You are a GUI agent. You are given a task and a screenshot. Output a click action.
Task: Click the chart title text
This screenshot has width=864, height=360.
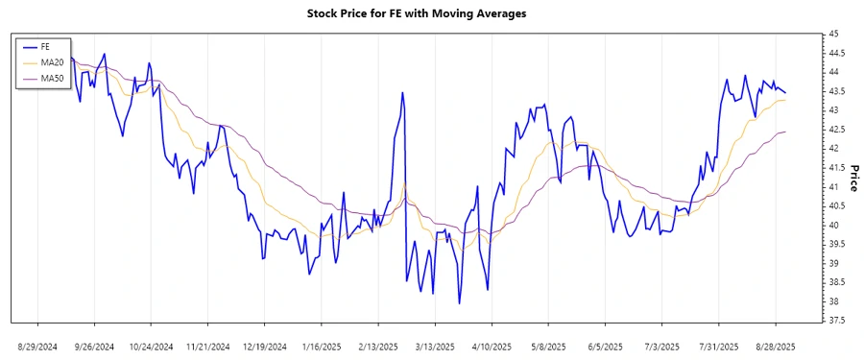[417, 14]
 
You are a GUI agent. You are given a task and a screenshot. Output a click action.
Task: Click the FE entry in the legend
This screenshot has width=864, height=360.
[44, 46]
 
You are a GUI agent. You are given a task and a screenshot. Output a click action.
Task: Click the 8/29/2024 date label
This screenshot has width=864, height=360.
[37, 346]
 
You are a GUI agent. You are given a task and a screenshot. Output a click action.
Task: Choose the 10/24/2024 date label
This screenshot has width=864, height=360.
[151, 346]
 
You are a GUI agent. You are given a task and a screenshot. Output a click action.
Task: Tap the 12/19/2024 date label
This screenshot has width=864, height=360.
[264, 346]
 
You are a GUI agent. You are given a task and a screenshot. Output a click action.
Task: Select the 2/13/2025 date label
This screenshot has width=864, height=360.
[377, 346]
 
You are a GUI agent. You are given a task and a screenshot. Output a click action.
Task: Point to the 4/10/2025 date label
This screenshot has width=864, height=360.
[491, 346]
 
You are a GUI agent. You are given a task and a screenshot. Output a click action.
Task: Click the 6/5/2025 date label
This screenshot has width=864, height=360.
[604, 346]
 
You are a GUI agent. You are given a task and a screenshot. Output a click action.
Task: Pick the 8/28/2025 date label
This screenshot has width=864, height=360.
[775, 346]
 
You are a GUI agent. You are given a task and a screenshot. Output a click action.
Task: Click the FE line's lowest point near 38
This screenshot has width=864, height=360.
[460, 303]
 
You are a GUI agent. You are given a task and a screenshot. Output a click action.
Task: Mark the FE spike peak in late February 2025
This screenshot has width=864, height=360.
[402, 91]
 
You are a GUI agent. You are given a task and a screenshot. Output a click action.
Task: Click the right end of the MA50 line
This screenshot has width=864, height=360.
[786, 132]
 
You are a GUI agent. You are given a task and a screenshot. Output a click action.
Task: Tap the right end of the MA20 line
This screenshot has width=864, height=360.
[786, 100]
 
